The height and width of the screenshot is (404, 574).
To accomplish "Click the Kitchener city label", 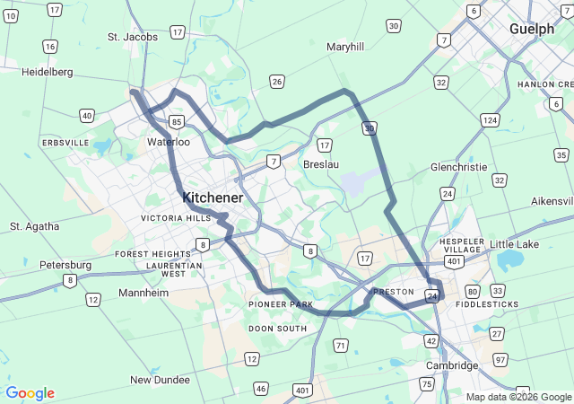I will click(213, 197).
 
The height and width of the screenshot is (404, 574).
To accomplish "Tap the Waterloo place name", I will click(169, 142).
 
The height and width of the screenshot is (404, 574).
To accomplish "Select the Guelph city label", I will click(532, 29).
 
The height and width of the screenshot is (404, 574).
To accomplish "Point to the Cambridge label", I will click(452, 365).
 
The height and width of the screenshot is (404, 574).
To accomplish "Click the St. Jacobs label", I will click(133, 37).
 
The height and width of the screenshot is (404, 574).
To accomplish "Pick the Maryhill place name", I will click(345, 47).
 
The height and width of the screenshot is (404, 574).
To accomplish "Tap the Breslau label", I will click(321, 164).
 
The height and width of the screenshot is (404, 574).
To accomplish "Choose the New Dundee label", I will click(161, 380).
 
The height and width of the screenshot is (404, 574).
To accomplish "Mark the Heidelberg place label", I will click(47, 71).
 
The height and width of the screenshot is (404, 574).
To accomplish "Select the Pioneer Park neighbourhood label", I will click(281, 305).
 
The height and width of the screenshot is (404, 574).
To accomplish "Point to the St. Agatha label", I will click(35, 226).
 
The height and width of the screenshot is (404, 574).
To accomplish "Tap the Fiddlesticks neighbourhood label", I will click(487, 304).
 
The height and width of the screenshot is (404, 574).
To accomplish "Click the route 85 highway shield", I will click(178, 121).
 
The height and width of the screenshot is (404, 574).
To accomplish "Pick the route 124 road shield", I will click(490, 120).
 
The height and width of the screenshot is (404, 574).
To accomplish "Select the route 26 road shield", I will click(277, 83).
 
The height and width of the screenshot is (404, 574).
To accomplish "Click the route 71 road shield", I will click(341, 346).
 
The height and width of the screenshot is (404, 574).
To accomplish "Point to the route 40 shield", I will click(86, 115).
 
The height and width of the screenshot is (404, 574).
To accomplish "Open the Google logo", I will click(30, 393).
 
